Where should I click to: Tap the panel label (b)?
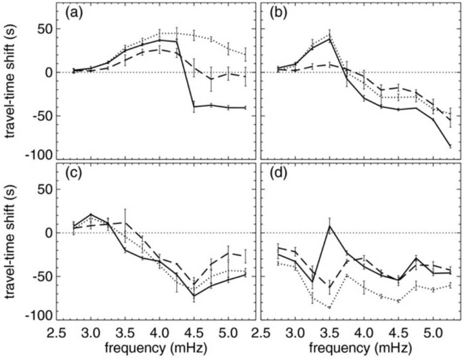point(280,13)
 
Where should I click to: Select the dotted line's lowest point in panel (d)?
point(330,307)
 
